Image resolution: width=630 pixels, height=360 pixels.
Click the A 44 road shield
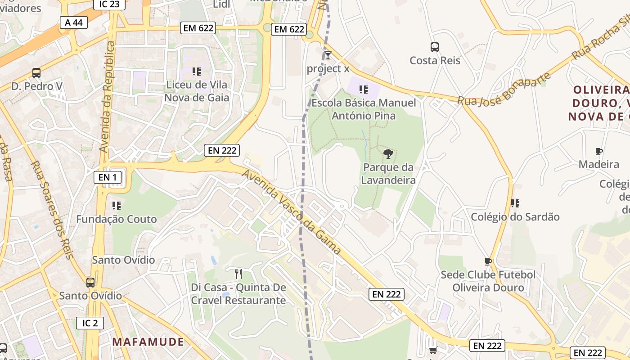tap(74, 22)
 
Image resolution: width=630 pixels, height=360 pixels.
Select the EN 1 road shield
tap(108, 177)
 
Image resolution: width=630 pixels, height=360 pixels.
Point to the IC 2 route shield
tap(90, 323)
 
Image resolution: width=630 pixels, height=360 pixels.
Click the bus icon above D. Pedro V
tap(36, 72)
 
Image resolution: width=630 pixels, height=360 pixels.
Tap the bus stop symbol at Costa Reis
tap(435, 47)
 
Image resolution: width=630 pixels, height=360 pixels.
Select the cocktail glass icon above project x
tap(328, 55)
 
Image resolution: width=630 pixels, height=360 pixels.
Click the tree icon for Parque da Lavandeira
tap(388, 154)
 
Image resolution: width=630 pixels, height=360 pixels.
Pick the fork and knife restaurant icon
tap(238, 274)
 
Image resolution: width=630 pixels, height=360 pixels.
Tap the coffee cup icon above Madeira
tap(598, 151)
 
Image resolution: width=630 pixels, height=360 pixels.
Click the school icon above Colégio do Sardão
tap(515, 203)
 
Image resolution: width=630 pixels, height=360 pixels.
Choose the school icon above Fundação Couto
tap(117, 206)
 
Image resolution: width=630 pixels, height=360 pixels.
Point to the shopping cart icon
tap(433, 350)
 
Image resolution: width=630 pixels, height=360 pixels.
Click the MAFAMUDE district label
tap(148, 342)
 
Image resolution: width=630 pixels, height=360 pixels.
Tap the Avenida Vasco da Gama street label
tap(292, 211)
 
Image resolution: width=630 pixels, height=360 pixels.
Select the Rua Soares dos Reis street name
tap(52, 210)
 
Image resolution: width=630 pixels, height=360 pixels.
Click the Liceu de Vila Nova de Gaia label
tap(197, 91)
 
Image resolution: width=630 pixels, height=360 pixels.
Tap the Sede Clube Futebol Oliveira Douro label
tap(488, 281)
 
